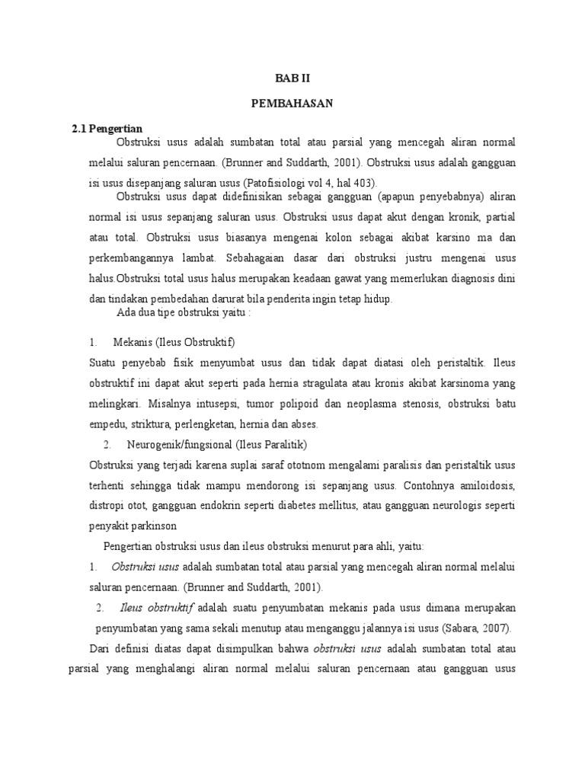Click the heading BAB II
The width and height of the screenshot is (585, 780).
[292, 78]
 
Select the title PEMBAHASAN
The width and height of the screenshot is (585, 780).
[292, 103]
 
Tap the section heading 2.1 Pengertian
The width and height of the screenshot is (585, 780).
[107, 128]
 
